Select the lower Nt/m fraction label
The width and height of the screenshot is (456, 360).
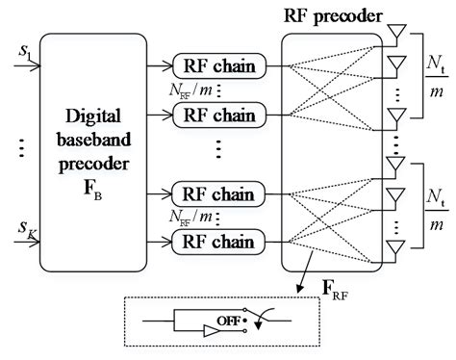[x=430, y=210]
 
